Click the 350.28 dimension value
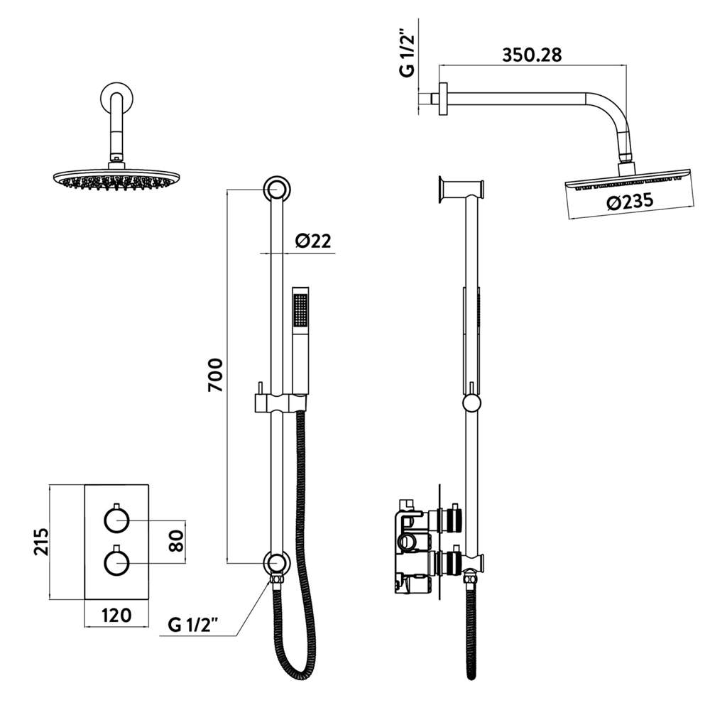click(532, 55)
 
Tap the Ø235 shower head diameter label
click(630, 202)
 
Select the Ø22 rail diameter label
click(312, 241)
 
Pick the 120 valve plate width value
click(116, 615)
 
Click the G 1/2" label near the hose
click(192, 625)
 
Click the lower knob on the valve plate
click(116, 563)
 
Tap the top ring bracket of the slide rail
click(275, 190)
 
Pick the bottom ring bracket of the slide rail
click(275, 562)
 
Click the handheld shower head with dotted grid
click(301, 312)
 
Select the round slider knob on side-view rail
click(471, 404)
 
